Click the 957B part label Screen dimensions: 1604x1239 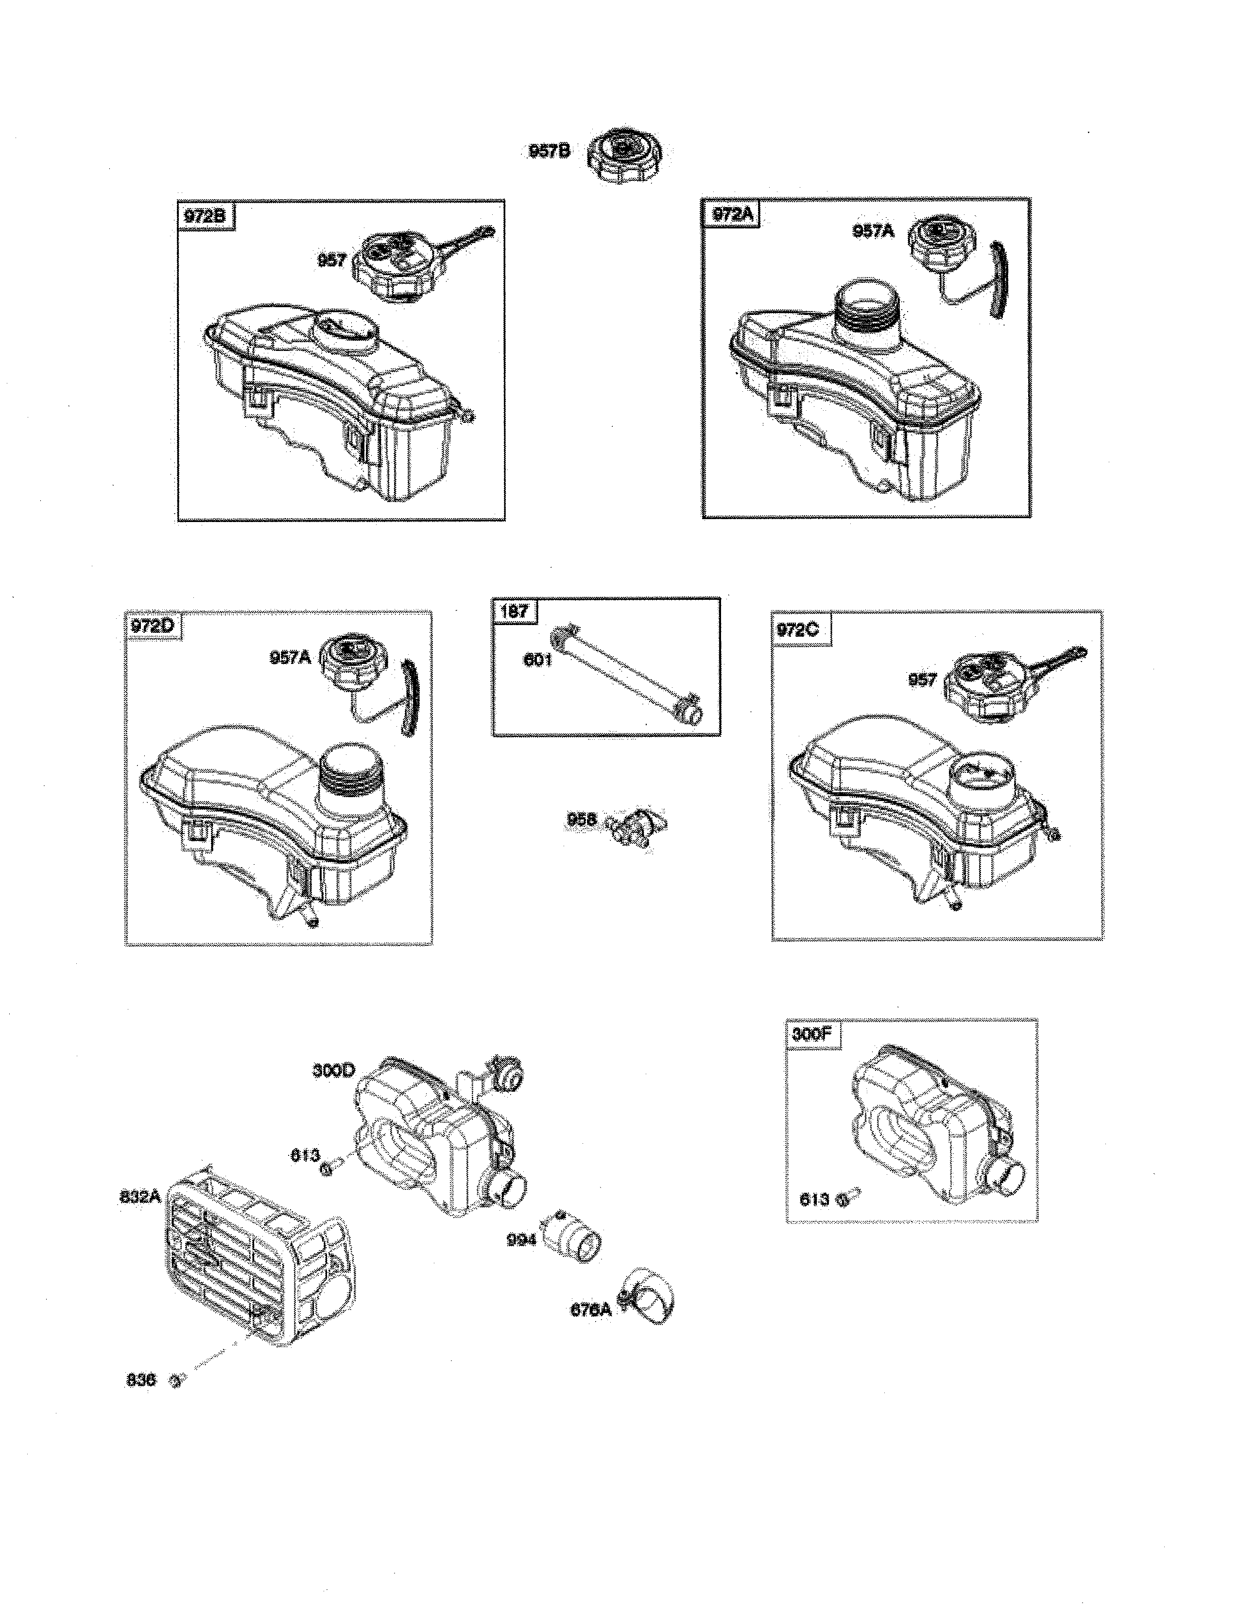(549, 151)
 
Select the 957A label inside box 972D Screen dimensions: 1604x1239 (291, 657)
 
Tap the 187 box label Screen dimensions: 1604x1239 (515, 611)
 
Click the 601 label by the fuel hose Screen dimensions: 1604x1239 (537, 660)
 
